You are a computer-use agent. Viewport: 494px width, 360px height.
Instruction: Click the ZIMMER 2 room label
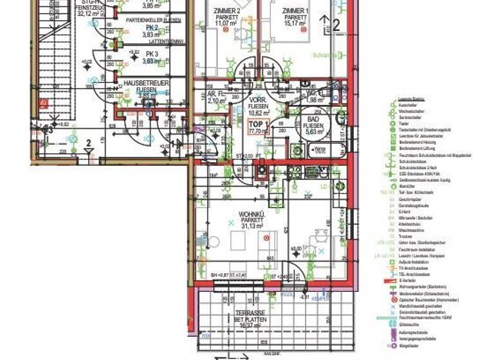click(228, 12)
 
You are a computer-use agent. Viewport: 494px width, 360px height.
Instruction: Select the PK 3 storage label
click(152, 53)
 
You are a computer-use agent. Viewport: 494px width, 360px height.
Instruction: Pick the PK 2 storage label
click(152, 28)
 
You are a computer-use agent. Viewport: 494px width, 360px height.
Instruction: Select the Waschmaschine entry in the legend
click(411, 230)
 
